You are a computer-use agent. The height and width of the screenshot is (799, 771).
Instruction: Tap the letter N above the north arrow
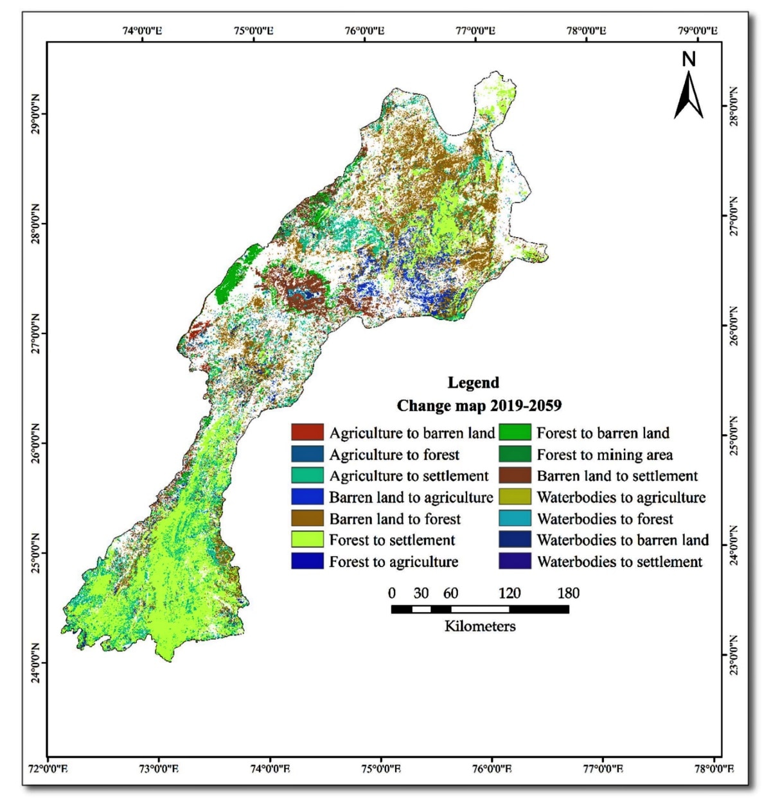[689, 60]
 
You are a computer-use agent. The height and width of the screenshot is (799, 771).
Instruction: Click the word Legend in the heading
[473, 383]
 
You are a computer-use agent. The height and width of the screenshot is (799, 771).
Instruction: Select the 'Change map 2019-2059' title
[479, 406]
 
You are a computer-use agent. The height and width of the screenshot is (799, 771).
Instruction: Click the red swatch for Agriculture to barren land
[307, 432]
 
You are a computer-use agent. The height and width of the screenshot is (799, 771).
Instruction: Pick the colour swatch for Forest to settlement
[307, 540]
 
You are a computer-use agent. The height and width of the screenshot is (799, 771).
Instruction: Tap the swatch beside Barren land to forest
[307, 518]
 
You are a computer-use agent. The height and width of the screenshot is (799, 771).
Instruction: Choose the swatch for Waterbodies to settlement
[514, 561]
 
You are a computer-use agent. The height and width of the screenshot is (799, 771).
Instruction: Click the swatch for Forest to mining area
[514, 454]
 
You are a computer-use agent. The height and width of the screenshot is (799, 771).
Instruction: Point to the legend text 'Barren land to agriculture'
[411, 497]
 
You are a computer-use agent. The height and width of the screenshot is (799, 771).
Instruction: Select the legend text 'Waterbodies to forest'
[605, 518]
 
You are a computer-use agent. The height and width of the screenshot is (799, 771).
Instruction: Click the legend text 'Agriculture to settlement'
[409, 476]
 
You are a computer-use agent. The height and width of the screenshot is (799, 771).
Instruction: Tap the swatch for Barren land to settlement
[514, 476]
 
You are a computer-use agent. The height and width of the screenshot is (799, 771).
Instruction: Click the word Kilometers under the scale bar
[480, 626]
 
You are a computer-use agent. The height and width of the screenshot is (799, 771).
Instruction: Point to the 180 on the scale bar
[568, 593]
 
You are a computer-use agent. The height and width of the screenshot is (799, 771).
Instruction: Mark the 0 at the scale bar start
[392, 593]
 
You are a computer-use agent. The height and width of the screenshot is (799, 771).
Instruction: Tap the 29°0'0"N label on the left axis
[35, 115]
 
